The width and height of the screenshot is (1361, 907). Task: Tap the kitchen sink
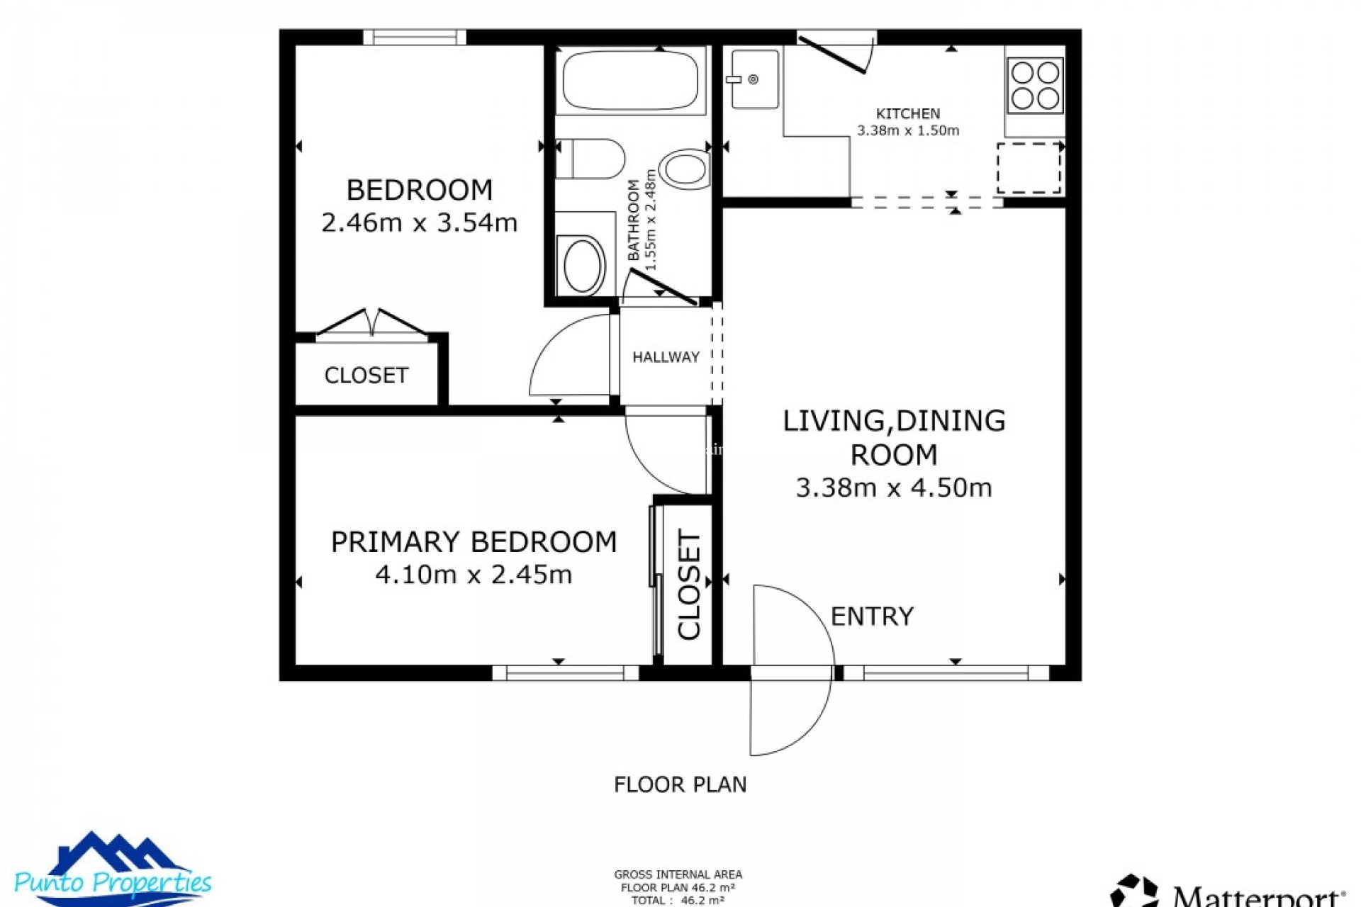(754, 79)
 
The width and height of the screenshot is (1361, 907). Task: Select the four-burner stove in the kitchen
(1035, 85)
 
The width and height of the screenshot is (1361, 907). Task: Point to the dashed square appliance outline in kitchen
(1029, 168)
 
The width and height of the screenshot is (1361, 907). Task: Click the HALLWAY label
(666, 357)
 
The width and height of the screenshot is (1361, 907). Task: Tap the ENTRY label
(872, 616)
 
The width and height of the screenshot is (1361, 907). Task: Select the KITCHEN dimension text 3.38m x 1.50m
(907, 130)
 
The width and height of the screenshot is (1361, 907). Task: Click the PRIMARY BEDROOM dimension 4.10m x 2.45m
(474, 575)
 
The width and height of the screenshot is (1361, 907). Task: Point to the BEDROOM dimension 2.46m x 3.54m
(419, 223)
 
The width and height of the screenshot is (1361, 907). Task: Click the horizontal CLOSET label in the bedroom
(366, 375)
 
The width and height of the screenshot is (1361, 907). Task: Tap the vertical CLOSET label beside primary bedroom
(689, 585)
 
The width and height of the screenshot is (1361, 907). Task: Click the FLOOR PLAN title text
(680, 784)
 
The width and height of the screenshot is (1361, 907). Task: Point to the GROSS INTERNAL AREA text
(678, 874)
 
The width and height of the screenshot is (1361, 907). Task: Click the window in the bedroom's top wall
(415, 37)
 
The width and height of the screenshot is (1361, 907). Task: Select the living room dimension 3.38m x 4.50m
(893, 488)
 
